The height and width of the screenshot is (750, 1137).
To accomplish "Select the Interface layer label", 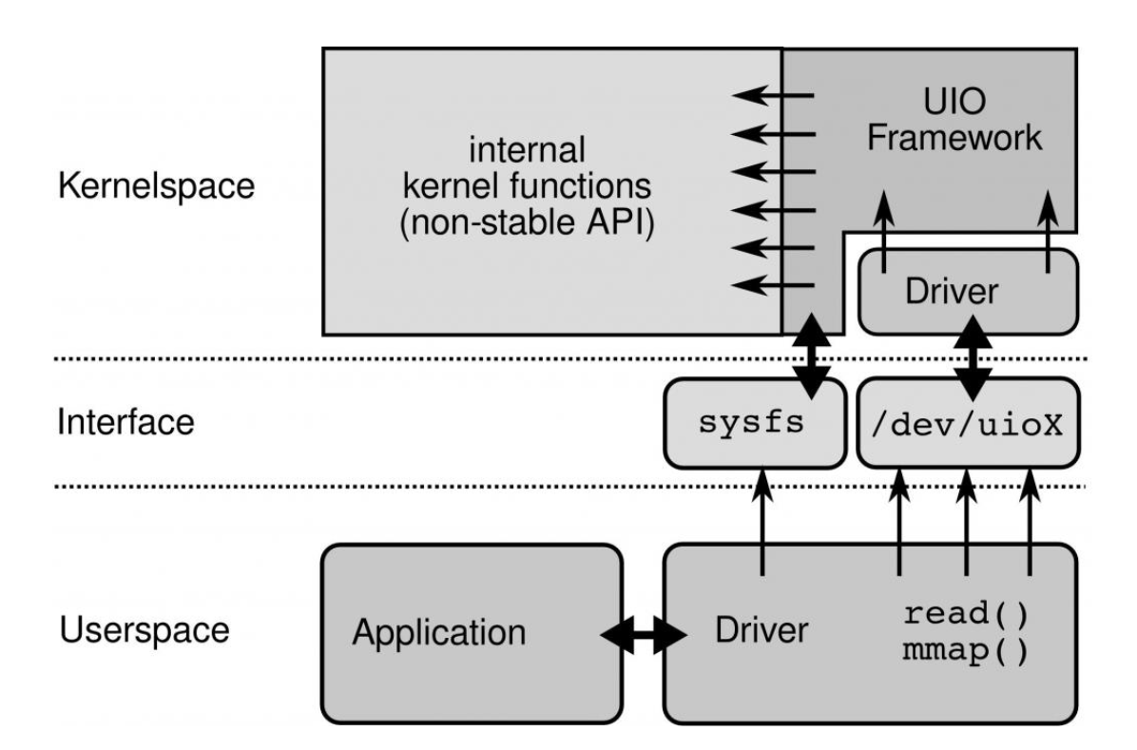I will (x=125, y=421).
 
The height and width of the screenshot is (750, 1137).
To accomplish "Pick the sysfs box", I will (x=754, y=423).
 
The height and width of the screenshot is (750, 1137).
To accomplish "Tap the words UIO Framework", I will (x=969, y=120).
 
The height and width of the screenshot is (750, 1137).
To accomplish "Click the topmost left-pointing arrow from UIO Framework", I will (x=775, y=95).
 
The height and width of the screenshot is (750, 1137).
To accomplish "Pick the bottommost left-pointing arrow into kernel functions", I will (x=775, y=283).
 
